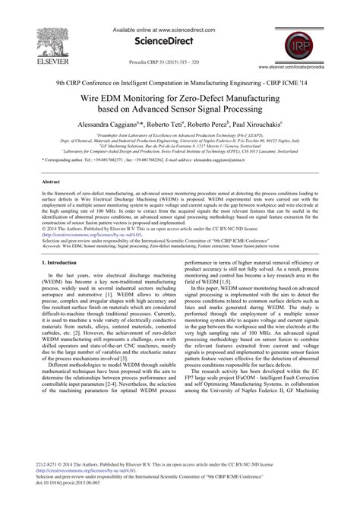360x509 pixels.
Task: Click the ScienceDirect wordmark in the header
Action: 181,22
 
